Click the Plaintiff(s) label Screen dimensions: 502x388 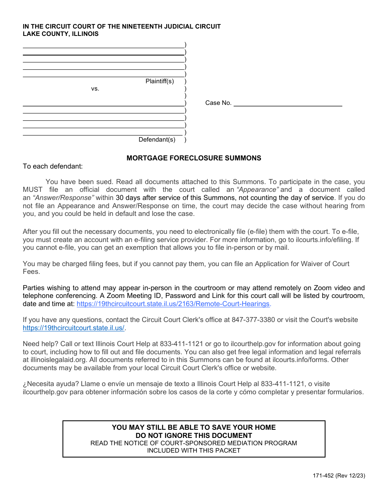[160, 81]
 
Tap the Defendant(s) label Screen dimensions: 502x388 [157, 140]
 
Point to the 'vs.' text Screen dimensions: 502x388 [95, 89]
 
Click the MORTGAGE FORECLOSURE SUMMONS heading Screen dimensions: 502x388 [194, 158]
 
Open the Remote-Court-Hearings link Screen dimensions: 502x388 [174, 304]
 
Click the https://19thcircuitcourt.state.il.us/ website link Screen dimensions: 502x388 [74, 328]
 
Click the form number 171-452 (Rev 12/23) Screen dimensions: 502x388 [339, 476]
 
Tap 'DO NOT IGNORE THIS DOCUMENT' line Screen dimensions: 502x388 [194, 435]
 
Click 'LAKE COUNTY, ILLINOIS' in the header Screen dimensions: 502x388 [60, 34]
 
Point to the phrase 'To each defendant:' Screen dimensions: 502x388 [53, 166]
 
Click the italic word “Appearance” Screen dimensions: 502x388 [258, 190]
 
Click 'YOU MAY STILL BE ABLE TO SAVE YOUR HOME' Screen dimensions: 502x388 [194, 427]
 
